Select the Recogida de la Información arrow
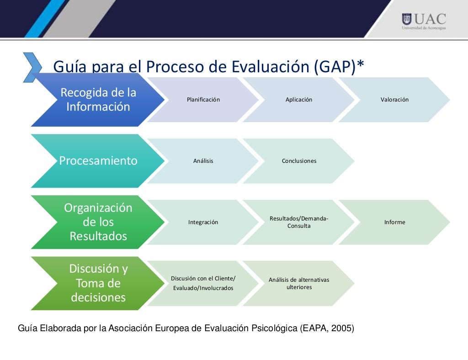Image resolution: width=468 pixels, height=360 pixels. [x=98, y=100]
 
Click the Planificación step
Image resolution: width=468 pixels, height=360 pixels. [x=203, y=100]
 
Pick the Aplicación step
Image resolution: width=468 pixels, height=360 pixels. [x=298, y=100]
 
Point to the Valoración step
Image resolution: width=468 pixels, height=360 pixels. [x=394, y=100]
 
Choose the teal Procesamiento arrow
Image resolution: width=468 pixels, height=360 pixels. [x=98, y=161]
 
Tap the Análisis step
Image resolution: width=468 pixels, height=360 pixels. [x=203, y=161]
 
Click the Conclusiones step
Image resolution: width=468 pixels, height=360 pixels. [x=298, y=161]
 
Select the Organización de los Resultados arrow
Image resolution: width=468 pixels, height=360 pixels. [x=98, y=222]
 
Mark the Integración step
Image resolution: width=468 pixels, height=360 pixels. [x=203, y=222]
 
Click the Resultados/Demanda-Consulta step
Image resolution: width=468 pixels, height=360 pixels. [x=298, y=222]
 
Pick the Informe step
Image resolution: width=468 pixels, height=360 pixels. [x=394, y=222]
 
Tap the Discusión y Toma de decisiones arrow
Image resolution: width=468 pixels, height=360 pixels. [x=98, y=283]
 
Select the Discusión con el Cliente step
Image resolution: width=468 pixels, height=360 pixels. [x=203, y=283]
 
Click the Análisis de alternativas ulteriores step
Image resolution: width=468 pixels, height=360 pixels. [x=298, y=283]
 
